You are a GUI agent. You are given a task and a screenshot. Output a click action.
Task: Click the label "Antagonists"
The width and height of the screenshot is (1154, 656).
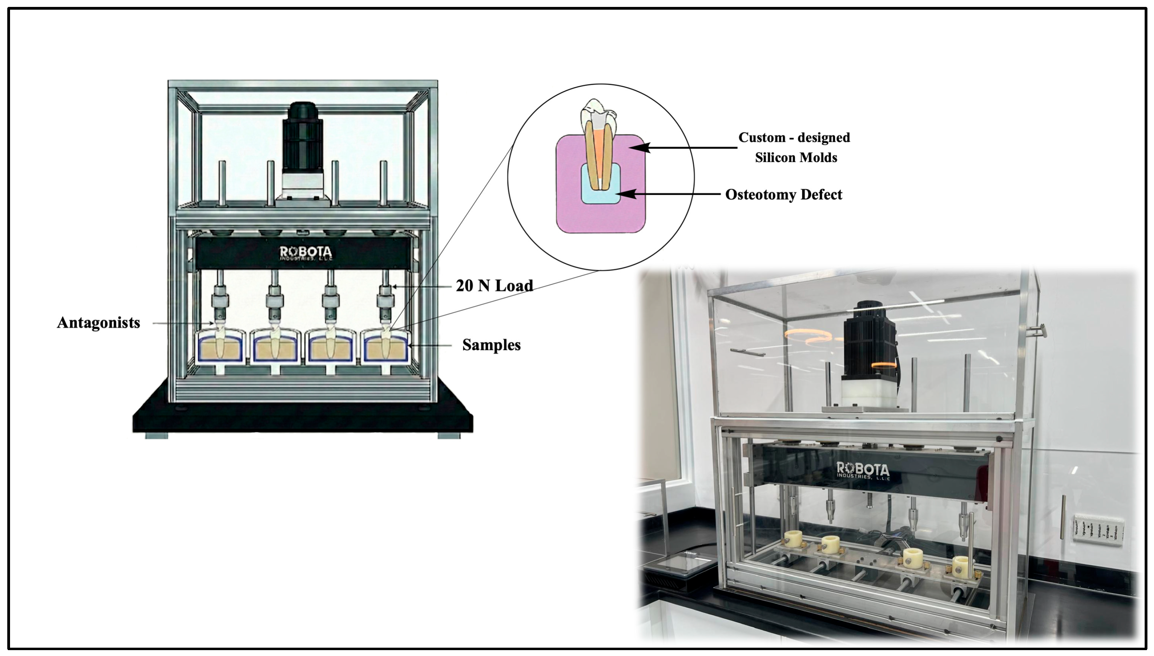click(98, 323)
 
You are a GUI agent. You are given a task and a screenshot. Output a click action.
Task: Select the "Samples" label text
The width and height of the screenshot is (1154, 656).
click(491, 345)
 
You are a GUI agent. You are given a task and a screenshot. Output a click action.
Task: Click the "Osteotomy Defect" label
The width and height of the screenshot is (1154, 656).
click(783, 195)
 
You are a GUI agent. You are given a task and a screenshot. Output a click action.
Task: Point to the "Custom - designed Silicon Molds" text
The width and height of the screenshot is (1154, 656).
click(795, 147)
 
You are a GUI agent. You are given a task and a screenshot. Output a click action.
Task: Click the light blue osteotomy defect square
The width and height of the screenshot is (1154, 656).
click(601, 191)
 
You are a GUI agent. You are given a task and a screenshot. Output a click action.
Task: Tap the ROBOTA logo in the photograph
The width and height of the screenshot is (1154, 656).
click(863, 470)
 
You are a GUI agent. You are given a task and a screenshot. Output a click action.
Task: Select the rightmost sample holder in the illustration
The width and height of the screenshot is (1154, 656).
click(386, 347)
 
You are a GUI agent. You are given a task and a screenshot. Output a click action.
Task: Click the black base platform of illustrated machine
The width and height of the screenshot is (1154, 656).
click(302, 417)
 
